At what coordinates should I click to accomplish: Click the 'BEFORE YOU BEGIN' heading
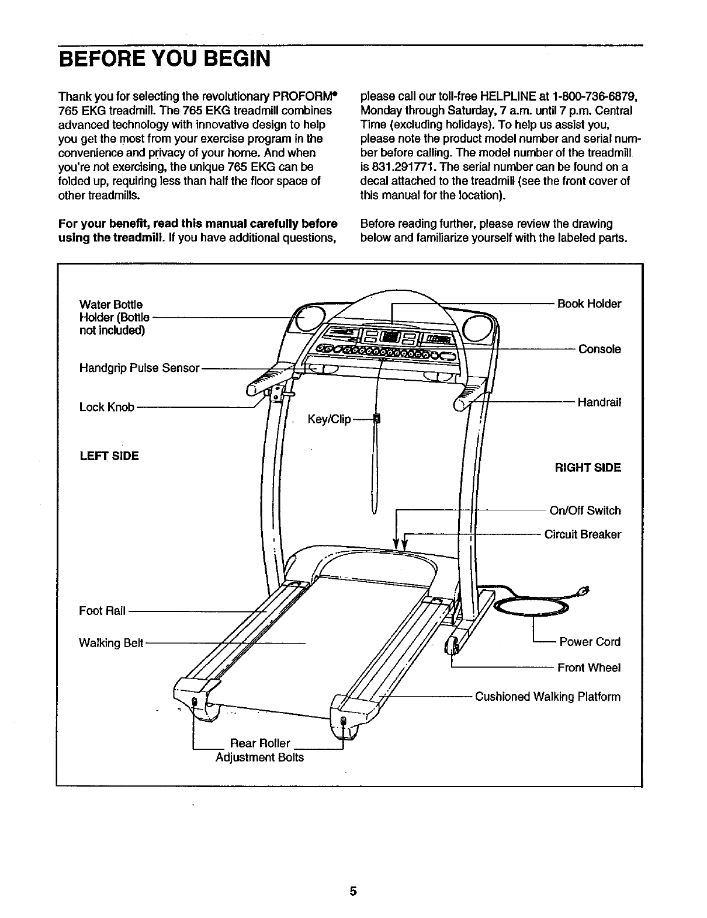pyautogui.click(x=164, y=59)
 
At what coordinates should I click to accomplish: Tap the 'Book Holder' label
pyautogui.click(x=589, y=304)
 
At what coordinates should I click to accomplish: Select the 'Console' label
pyautogui.click(x=599, y=349)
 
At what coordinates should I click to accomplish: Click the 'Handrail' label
pyautogui.click(x=599, y=402)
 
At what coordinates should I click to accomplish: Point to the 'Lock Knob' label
pyautogui.click(x=106, y=407)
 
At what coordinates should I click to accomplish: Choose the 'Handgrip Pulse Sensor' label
pyautogui.click(x=140, y=368)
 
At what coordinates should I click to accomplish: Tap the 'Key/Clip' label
pyautogui.click(x=329, y=419)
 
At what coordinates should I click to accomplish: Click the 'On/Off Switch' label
pyautogui.click(x=585, y=510)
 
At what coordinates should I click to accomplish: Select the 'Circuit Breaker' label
pyautogui.click(x=583, y=534)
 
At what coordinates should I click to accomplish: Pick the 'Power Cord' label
pyautogui.click(x=590, y=642)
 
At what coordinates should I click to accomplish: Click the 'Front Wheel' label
pyautogui.click(x=589, y=667)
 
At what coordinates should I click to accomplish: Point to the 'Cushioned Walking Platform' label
pyautogui.click(x=547, y=697)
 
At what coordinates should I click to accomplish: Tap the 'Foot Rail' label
pyautogui.click(x=102, y=611)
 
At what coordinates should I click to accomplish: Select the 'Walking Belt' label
pyautogui.click(x=111, y=643)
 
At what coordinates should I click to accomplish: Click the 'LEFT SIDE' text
pyautogui.click(x=109, y=455)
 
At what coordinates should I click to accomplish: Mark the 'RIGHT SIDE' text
pyautogui.click(x=588, y=468)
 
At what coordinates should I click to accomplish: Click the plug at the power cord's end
pyautogui.click(x=583, y=590)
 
